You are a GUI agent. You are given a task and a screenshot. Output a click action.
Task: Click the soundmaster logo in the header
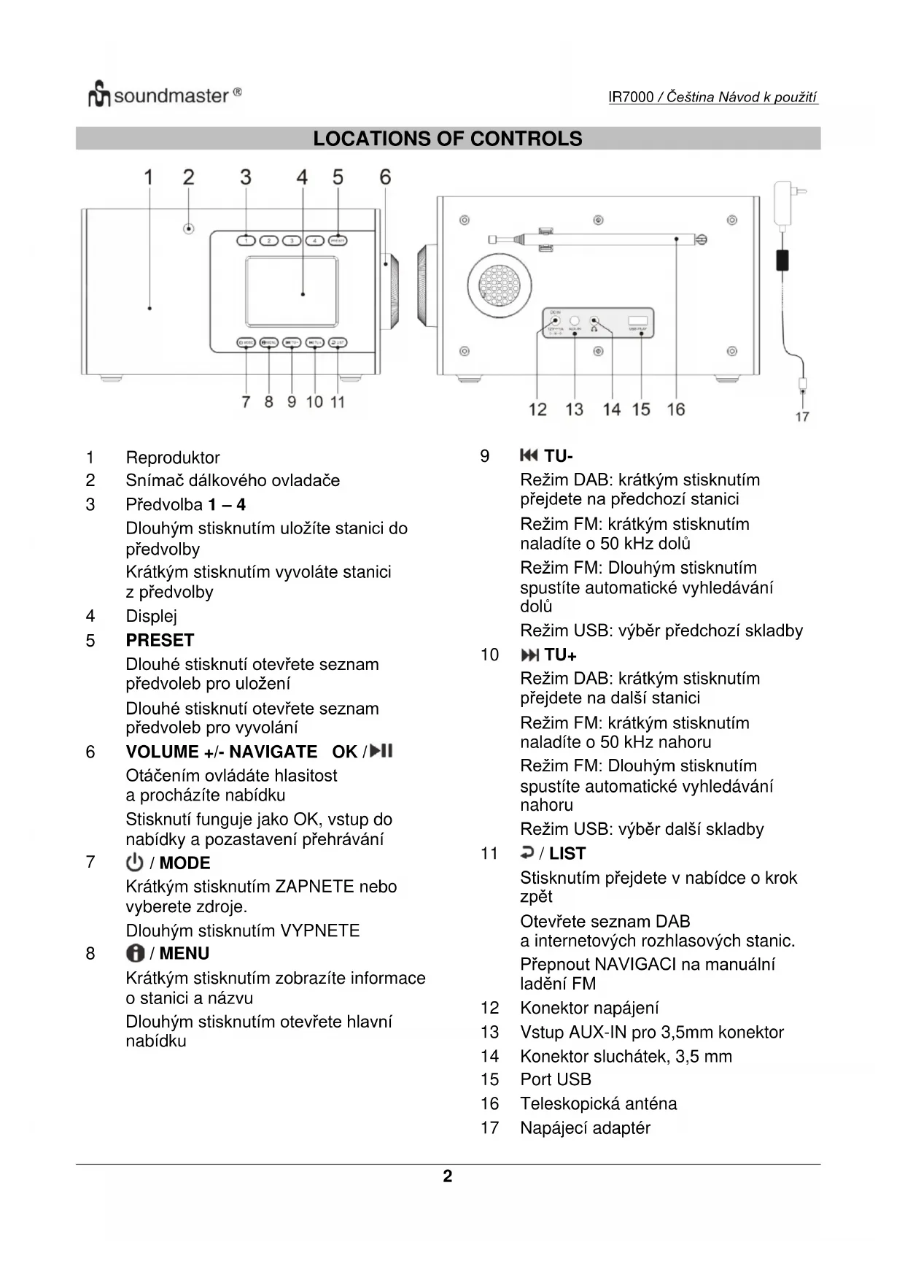[x=164, y=96]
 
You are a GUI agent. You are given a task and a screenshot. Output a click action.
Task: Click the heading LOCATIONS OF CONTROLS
[x=447, y=139]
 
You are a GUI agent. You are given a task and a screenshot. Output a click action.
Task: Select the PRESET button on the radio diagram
[x=338, y=241]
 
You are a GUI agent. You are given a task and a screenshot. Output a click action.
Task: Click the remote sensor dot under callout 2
[x=189, y=229]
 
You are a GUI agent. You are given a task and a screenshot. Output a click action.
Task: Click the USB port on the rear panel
[x=638, y=321]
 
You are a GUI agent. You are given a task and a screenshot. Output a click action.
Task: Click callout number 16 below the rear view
[x=676, y=409]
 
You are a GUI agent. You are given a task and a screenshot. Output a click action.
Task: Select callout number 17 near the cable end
[x=802, y=417]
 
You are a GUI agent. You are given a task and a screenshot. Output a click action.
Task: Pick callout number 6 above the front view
[x=385, y=177]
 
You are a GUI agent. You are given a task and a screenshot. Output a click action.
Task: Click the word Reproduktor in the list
[x=173, y=458]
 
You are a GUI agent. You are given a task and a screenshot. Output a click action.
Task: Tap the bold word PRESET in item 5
[x=160, y=640]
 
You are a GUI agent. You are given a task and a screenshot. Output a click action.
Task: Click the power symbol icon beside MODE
[x=135, y=863]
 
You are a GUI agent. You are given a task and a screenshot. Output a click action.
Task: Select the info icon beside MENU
[x=135, y=953]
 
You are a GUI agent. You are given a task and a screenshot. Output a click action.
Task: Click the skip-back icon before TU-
[x=529, y=456]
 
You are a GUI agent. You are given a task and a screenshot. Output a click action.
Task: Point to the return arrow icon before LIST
[x=527, y=852]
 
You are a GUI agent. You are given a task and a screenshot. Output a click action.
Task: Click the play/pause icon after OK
[x=382, y=751]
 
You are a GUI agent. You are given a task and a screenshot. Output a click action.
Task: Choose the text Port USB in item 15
[x=556, y=1079]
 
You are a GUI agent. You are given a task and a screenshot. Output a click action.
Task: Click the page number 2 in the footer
[x=448, y=1176]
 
